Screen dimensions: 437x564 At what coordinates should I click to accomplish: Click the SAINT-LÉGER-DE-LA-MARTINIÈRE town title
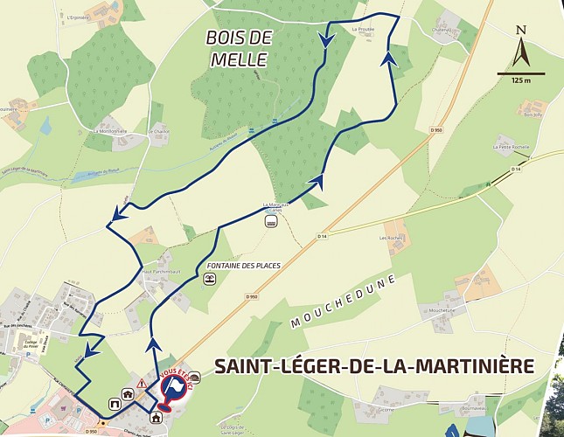pos(373,364)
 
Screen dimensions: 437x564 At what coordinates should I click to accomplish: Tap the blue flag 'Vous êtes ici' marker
pos(174,387)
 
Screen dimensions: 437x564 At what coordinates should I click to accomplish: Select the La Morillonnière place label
pos(110,131)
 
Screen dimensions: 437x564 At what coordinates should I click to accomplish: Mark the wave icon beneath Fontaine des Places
pos(210,279)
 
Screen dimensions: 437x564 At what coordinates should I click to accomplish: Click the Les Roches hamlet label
pos(389,237)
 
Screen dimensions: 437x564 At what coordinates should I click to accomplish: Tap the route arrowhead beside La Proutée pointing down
pos(327,40)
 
